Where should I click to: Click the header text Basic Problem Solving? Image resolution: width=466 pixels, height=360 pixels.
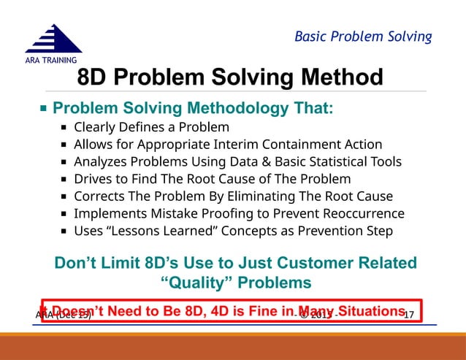pos(363,37)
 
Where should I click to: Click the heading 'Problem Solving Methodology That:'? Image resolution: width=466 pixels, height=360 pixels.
pos(194,109)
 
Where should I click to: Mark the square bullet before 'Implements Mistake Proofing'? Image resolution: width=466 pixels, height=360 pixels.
pos(65,215)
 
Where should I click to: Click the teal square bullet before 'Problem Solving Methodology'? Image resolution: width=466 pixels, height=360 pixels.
pos(43,110)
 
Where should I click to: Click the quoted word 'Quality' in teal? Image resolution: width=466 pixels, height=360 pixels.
pos(196,282)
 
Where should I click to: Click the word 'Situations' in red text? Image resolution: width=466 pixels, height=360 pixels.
pos(367,311)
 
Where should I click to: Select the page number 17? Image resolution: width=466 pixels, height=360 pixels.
pos(409,315)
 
